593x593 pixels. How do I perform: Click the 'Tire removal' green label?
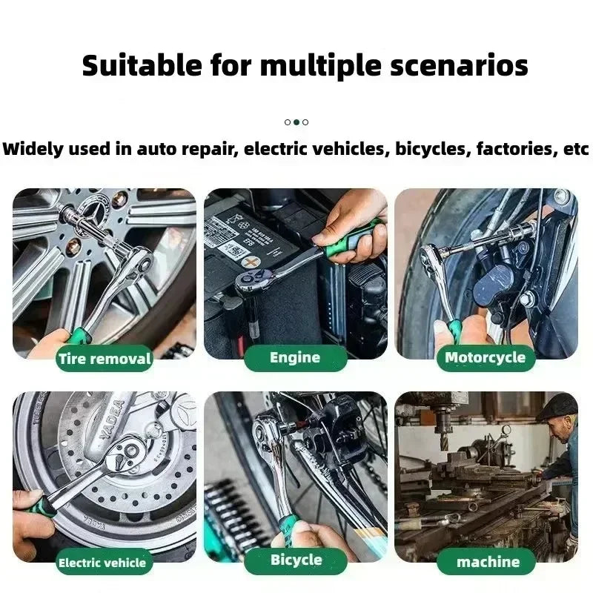[x=105, y=360]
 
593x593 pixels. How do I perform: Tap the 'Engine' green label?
[x=295, y=358]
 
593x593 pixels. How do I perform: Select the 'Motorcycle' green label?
[x=485, y=358]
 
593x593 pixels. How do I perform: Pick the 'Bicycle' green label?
[x=295, y=560]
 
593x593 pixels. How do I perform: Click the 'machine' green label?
[x=487, y=562]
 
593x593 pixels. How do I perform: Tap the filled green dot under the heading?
[x=296, y=122]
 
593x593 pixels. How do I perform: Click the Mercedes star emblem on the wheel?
[x=96, y=204]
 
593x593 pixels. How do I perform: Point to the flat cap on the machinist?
[x=557, y=405]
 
